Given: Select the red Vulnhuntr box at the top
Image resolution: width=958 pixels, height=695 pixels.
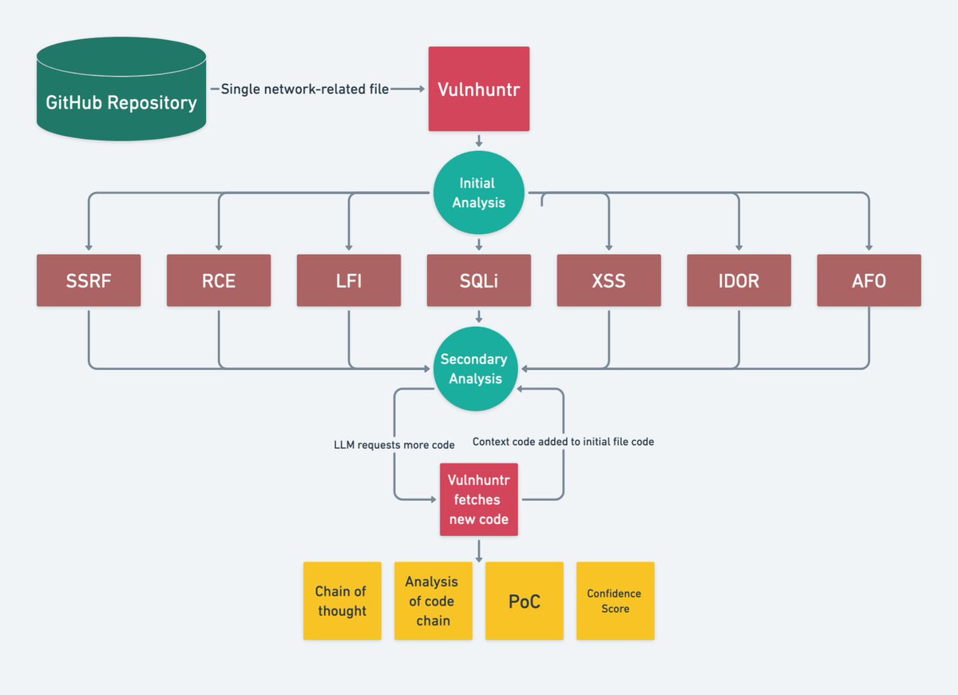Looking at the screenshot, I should (478, 89).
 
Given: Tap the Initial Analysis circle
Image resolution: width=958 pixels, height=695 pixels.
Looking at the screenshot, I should (478, 193).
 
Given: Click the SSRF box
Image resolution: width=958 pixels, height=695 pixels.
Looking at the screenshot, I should (89, 280).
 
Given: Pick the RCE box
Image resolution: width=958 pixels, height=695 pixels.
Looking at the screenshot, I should (219, 280).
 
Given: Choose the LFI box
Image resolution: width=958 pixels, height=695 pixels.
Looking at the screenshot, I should (349, 280).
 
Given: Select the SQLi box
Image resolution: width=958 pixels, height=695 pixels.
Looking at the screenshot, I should (478, 280).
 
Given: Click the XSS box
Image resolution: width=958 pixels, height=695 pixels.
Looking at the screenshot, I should (608, 280).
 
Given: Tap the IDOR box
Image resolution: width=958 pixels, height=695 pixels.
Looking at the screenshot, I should (738, 280).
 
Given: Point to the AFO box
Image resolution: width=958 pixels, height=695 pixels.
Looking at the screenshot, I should (869, 280).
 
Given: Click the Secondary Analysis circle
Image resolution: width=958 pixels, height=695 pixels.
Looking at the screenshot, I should (475, 369).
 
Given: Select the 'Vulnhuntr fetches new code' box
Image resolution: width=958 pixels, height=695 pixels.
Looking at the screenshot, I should (478, 499).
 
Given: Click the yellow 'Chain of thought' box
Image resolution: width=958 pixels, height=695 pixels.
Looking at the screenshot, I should (342, 601).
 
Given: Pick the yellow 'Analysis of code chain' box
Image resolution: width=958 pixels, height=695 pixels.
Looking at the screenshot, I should (433, 601).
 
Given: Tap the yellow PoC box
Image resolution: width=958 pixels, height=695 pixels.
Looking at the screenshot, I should (524, 601).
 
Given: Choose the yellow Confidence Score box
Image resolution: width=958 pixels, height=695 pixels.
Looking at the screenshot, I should (615, 601).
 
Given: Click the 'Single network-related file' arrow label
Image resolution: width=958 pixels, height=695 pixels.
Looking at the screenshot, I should (304, 89).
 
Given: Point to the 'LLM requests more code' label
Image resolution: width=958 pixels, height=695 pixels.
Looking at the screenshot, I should (394, 444).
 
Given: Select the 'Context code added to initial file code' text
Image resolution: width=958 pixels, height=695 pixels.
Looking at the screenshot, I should (563, 441).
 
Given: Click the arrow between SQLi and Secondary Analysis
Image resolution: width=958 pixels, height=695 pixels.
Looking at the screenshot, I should (478, 316).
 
